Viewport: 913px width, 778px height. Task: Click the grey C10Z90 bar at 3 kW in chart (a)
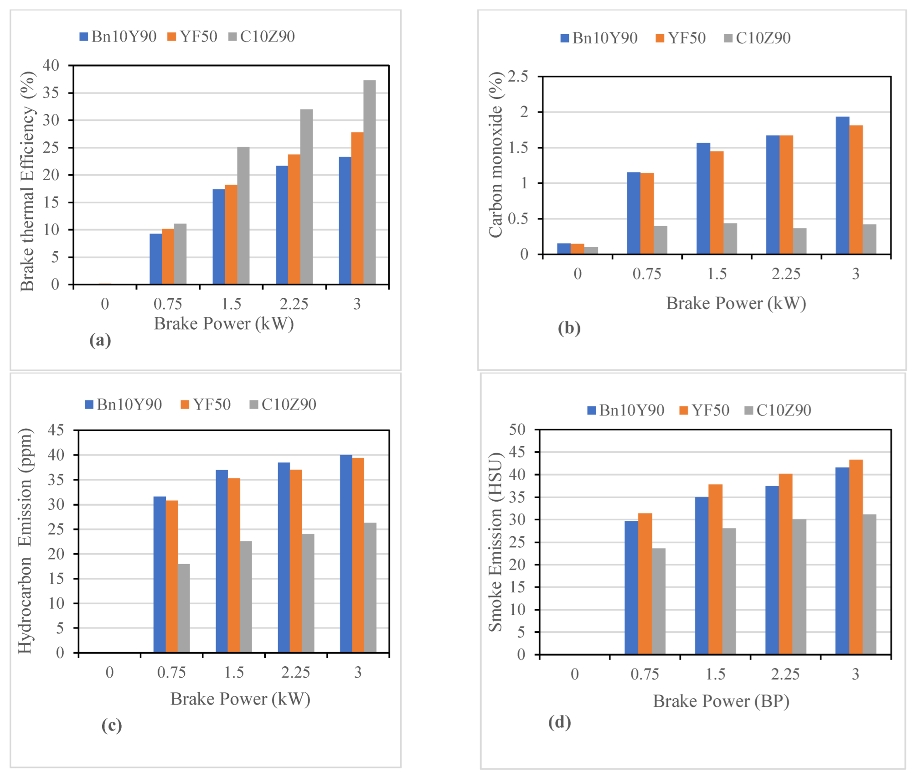(x=369, y=182)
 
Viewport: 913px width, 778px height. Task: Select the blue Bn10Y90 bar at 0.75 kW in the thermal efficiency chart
(x=155, y=259)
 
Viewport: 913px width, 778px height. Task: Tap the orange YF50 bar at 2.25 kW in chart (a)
(x=294, y=219)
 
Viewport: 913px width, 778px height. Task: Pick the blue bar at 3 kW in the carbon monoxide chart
(x=842, y=185)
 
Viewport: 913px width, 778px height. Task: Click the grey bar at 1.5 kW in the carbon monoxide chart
(x=730, y=239)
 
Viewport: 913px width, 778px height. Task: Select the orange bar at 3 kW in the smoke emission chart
(x=856, y=557)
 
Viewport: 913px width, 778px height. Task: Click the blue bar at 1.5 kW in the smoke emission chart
(x=702, y=576)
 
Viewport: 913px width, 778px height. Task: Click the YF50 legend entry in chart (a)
(x=193, y=36)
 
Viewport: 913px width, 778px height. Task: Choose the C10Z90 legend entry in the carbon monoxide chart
(x=757, y=38)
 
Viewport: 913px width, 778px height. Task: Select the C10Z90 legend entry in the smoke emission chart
(x=778, y=410)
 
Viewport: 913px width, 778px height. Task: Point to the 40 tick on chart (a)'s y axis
(x=51, y=65)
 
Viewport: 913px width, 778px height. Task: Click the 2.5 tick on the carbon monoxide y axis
(x=518, y=76)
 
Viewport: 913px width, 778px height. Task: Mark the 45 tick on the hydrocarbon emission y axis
(x=56, y=430)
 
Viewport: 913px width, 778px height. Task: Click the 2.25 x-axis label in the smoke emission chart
(x=785, y=674)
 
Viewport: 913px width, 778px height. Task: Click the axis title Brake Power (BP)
(x=721, y=701)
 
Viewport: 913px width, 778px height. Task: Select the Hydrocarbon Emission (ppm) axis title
(x=25, y=541)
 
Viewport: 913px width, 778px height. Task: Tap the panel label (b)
(x=569, y=328)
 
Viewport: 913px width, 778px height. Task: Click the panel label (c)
(x=112, y=725)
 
